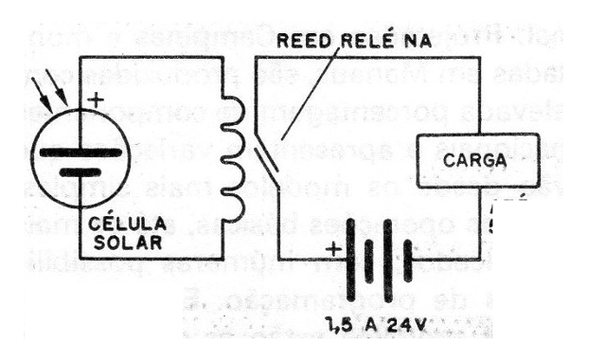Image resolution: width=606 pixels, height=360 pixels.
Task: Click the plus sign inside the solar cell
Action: tap(95, 99)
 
